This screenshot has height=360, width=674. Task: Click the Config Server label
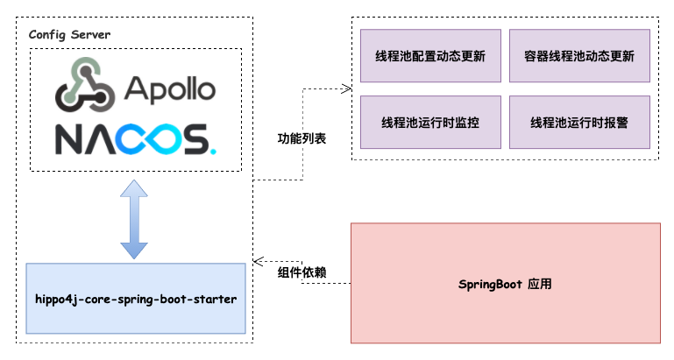pos(69,34)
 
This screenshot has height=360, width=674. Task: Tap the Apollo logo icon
pos(85,84)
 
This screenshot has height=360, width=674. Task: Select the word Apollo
pos(170,90)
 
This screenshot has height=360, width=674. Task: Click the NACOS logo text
pos(135,139)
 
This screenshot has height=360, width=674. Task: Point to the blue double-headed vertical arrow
pos(134,219)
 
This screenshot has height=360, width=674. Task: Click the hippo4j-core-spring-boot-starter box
pos(136,299)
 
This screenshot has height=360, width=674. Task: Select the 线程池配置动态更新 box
pos(430,56)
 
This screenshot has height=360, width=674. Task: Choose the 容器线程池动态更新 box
pos(579,56)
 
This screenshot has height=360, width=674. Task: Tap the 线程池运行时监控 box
pos(430,123)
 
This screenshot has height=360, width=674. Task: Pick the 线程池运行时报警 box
pos(579,123)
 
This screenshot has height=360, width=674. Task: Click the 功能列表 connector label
pos(302,138)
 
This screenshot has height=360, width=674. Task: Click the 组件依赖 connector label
pos(302,272)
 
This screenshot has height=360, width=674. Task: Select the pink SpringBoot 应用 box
pos(506,283)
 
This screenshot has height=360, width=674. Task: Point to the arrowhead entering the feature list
pos(347,89)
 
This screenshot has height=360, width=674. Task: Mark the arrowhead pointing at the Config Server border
pos(258,261)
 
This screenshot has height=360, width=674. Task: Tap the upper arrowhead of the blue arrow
pos(134,188)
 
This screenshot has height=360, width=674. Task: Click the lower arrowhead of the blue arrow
pos(134,251)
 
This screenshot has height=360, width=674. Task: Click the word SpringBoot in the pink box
pos(490,285)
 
